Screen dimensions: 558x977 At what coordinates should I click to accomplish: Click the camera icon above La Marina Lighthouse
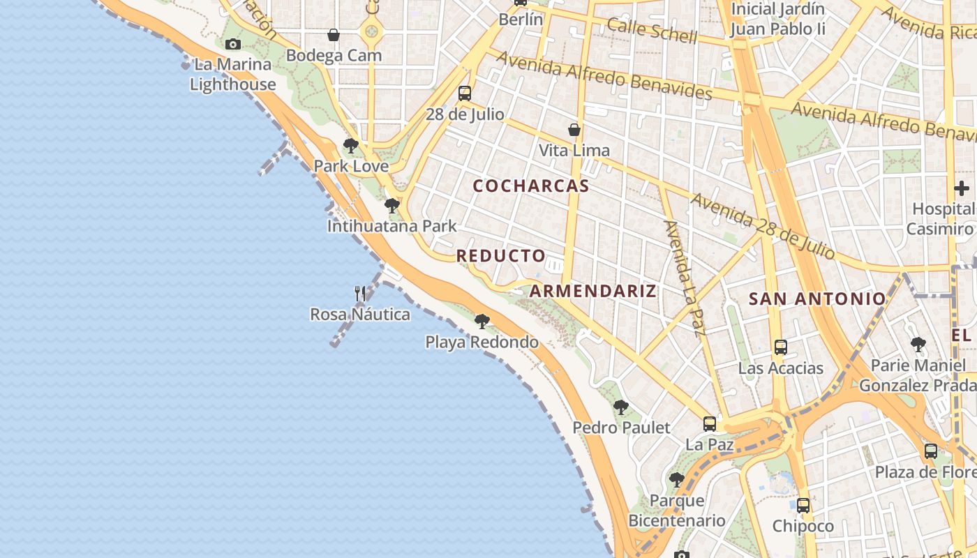tap(233, 45)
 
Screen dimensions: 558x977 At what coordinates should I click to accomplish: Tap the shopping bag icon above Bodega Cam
tap(334, 35)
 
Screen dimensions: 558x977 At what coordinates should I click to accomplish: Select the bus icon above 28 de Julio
tap(465, 93)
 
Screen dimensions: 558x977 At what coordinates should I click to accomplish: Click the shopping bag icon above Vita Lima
tap(574, 130)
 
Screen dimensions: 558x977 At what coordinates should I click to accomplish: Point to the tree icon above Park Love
tap(351, 146)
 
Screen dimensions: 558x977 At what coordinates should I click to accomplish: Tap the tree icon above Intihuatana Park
tap(392, 206)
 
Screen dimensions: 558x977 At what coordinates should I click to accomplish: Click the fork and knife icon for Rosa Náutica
tap(360, 294)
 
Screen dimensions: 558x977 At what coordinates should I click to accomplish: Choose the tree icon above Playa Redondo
tap(482, 322)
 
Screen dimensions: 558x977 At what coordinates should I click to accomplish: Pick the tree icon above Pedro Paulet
tap(621, 407)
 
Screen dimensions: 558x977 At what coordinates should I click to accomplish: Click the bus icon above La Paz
tap(710, 424)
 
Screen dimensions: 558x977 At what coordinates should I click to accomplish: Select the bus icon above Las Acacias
tap(781, 347)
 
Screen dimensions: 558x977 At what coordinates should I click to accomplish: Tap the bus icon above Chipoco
tap(803, 506)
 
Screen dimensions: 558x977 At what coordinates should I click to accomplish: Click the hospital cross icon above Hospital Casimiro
tap(962, 188)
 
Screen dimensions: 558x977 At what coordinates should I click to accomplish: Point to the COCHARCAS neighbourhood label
tap(531, 186)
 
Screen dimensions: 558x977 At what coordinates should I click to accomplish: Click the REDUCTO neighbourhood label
tap(501, 256)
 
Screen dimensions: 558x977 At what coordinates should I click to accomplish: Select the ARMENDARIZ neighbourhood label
tap(593, 291)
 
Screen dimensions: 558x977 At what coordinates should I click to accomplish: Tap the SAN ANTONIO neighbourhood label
tap(816, 299)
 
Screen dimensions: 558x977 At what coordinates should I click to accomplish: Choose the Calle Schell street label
tap(652, 31)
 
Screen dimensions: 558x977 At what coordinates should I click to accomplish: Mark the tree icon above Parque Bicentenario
tap(676, 480)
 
